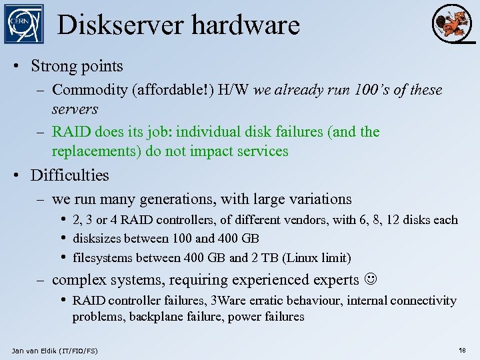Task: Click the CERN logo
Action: [x=23, y=24]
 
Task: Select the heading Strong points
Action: [x=77, y=66]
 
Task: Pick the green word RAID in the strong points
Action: [x=69, y=132]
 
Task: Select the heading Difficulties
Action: [x=69, y=175]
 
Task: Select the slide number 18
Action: [x=462, y=350]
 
